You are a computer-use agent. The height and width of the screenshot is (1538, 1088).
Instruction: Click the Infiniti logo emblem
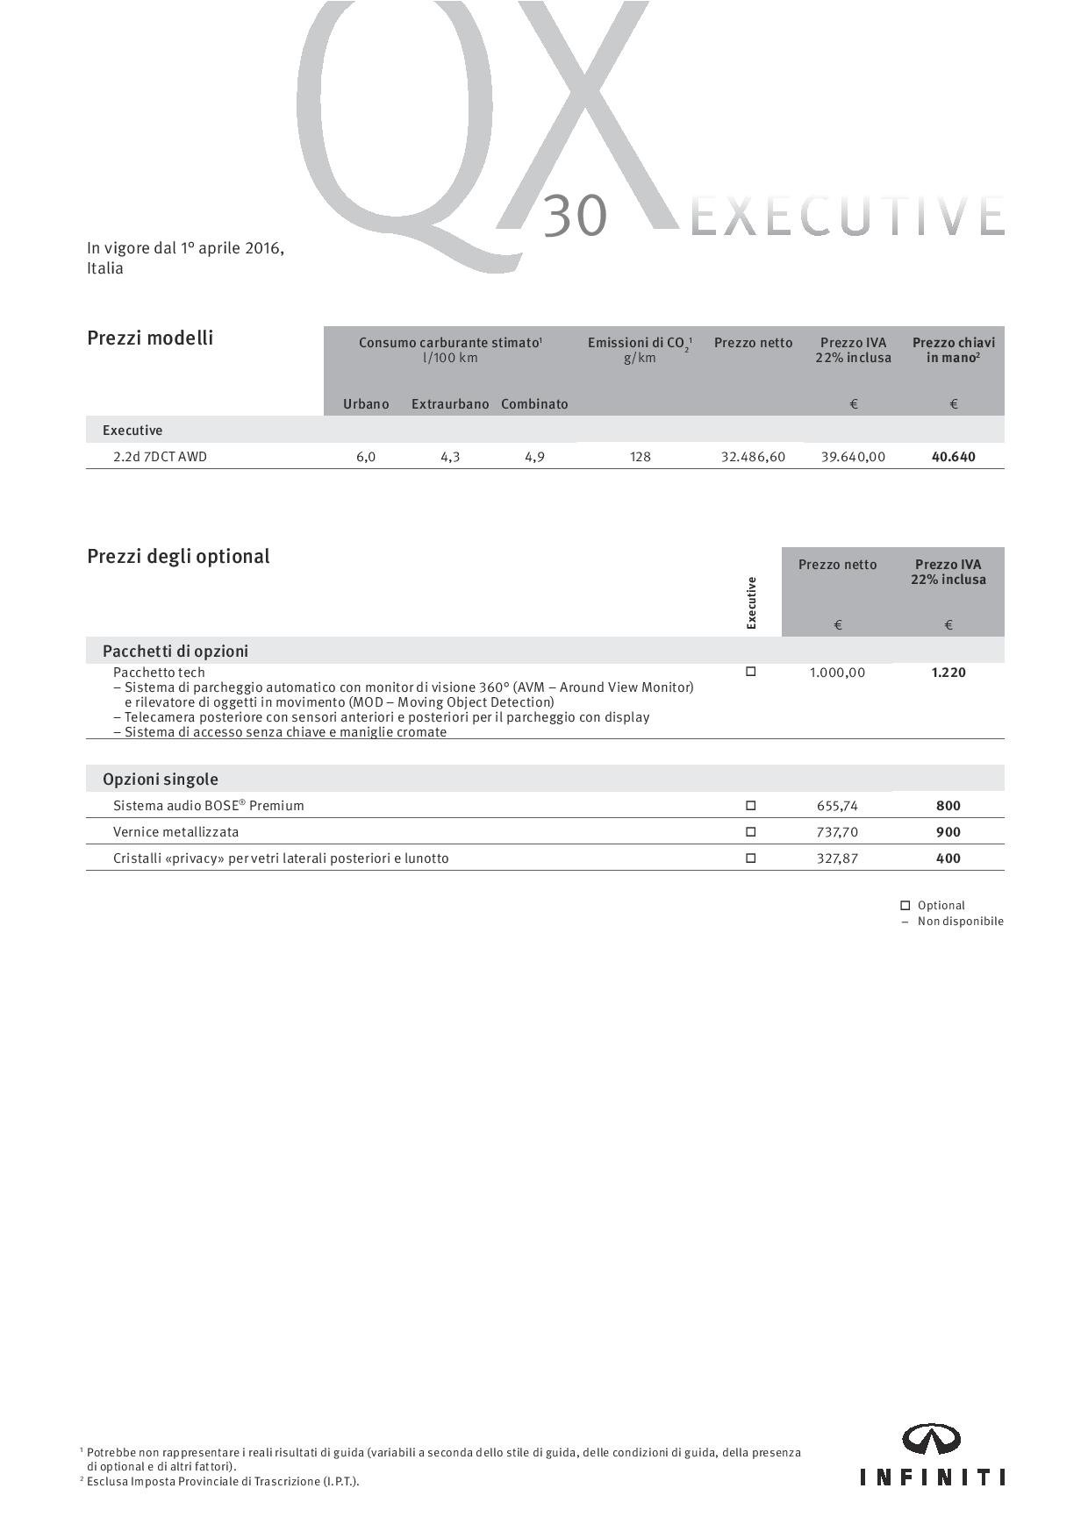(932, 1440)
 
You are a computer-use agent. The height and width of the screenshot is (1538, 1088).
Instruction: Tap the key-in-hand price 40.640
(953, 457)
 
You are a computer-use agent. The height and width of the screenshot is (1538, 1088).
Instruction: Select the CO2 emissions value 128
(641, 457)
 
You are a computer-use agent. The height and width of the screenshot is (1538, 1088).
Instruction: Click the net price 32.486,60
(753, 457)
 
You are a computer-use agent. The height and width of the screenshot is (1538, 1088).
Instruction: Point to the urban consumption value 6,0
(366, 457)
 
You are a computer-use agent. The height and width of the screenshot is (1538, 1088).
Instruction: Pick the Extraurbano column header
(450, 404)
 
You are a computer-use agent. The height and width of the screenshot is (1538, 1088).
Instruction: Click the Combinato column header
(534, 404)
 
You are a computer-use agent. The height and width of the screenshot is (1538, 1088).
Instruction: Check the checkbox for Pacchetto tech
(750, 672)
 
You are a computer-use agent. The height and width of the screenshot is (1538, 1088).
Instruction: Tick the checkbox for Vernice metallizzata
(750, 831)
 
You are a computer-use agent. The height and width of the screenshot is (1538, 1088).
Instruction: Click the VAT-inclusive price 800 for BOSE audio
(948, 806)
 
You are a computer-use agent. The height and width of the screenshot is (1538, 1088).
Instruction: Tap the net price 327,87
(837, 858)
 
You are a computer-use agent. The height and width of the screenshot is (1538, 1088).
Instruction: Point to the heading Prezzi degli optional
(178, 556)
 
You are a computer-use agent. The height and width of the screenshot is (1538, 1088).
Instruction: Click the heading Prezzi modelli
(150, 338)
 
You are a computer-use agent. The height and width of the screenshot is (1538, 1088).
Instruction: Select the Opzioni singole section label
(161, 779)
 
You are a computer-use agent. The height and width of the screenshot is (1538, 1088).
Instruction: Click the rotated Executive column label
(751, 602)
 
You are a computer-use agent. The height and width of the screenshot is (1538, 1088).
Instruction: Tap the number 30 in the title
(575, 217)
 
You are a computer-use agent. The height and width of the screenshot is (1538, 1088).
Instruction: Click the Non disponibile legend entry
(960, 922)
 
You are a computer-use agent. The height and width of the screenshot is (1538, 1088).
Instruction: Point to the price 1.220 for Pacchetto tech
(948, 673)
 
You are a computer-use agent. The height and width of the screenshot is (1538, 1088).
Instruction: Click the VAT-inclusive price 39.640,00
(853, 457)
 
